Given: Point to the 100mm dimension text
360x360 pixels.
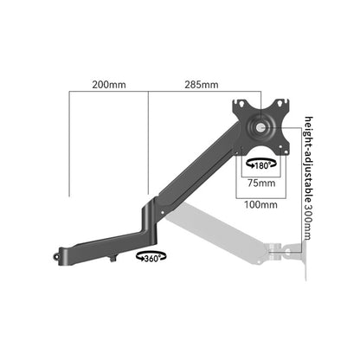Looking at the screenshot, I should coord(260,205).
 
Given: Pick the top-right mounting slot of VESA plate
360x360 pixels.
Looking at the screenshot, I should coord(280,104).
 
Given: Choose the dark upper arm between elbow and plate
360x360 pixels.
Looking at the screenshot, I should coord(203,165).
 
